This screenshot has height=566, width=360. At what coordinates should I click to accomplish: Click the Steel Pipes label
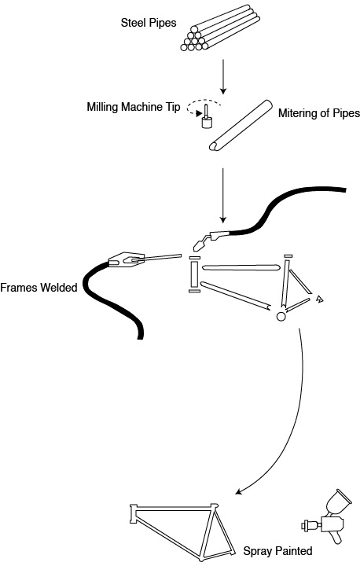click(149, 23)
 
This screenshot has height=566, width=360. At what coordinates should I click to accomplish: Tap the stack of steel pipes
click(220, 28)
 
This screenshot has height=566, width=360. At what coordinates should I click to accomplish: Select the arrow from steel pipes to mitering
click(223, 76)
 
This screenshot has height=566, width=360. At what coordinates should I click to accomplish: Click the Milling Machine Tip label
click(134, 107)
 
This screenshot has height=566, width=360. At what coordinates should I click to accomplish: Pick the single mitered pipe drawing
click(241, 125)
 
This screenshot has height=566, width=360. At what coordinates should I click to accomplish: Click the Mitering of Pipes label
click(319, 113)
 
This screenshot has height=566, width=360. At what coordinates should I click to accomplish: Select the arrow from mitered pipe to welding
click(223, 195)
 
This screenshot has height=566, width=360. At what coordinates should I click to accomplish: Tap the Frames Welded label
click(39, 288)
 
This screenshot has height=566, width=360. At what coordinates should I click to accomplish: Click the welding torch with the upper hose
click(211, 239)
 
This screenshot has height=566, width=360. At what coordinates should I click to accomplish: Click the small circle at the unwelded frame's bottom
click(281, 316)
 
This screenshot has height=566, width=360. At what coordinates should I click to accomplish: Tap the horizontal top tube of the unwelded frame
click(240, 267)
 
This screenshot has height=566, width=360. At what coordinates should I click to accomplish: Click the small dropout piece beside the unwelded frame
click(319, 299)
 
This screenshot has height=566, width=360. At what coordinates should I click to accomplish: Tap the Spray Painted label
click(277, 551)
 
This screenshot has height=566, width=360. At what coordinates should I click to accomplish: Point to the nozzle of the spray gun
click(307, 525)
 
